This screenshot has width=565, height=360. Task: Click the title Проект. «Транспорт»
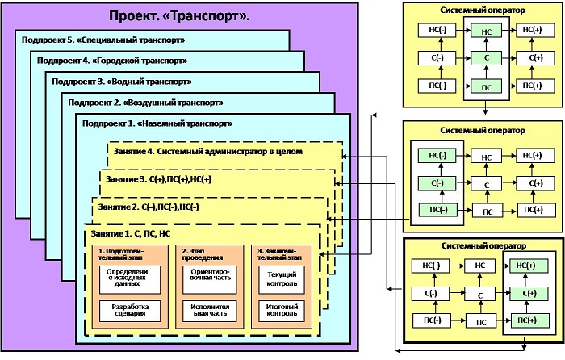(178, 16)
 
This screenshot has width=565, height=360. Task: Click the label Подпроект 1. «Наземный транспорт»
(157, 124)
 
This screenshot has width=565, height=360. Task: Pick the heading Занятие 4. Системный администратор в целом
(207, 151)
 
